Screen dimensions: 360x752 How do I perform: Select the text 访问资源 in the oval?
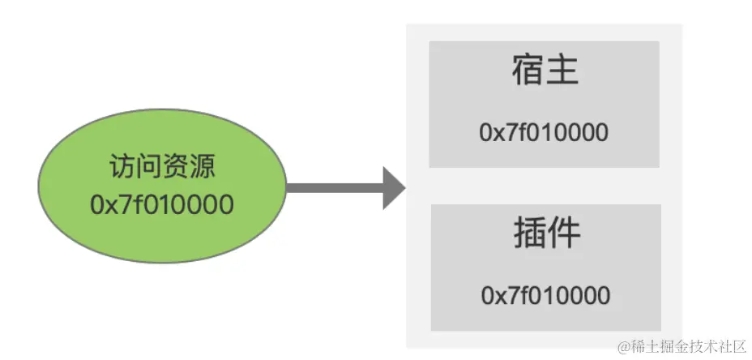tap(162, 169)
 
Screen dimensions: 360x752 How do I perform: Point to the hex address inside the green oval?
tap(162, 204)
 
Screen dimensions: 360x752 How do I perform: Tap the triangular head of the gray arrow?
tap(393, 188)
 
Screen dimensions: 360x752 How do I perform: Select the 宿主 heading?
tap(545, 71)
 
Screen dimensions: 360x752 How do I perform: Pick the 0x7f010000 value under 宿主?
tap(544, 132)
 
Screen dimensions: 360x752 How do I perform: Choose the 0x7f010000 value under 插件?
tap(545, 295)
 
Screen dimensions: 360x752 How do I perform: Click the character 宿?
tap(528, 71)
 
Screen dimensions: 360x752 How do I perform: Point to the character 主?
tap(563, 71)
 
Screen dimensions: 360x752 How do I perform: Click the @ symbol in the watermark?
tap(623, 347)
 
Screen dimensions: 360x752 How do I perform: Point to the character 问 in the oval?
tap(148, 169)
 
